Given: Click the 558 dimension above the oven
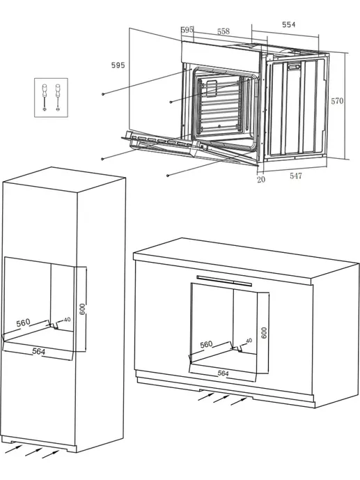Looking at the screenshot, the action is click(224, 31).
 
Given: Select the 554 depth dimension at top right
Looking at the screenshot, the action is click(289, 24).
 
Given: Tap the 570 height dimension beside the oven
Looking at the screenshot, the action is click(337, 101).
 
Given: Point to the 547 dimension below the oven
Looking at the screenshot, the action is click(296, 176).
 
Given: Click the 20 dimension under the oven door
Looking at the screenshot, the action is click(261, 179).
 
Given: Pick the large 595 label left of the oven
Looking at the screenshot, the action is click(118, 65).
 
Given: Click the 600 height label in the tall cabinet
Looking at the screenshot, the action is click(82, 309).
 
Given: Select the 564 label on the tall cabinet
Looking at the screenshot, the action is click(38, 352).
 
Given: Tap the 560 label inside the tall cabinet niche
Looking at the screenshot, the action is click(23, 323).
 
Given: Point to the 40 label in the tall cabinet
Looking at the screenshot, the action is click(68, 320).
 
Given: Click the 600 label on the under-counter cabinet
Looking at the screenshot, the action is click(264, 333).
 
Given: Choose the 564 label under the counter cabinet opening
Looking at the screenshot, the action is click(223, 373).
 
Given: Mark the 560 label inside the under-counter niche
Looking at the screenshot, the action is click(206, 344).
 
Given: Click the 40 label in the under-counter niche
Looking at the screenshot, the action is click(249, 341).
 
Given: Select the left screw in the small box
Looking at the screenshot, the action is click(45, 97).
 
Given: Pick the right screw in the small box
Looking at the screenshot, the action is click(58, 97).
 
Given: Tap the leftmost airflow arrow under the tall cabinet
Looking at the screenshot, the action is click(14, 449).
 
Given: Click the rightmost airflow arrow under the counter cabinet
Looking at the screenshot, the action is click(239, 401).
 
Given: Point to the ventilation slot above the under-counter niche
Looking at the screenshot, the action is click(224, 281).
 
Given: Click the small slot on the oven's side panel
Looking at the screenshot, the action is click(295, 66).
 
